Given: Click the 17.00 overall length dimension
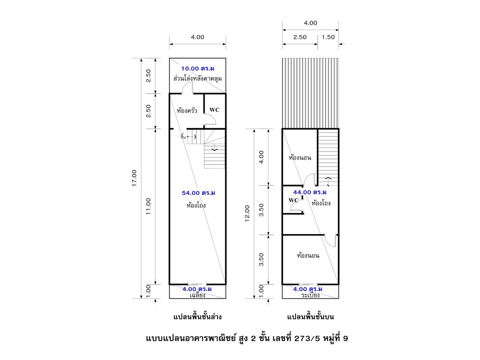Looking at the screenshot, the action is pos(134,178).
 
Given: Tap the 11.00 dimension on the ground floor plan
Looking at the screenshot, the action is pos(148,206).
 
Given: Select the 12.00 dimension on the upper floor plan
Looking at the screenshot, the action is pos(247,213).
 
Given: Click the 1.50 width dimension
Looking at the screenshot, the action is pos(328,37).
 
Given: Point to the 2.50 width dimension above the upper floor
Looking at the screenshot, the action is pos(299,37).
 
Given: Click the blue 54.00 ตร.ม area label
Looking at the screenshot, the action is pos(198,193).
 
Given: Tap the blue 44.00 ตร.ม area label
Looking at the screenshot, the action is pos(310,192).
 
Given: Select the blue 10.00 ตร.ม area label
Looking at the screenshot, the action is pos(198,68).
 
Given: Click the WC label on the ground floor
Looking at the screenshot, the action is pos(214,109).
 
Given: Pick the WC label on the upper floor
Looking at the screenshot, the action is pos(293,200).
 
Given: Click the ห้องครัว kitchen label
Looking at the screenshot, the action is pos(186,110).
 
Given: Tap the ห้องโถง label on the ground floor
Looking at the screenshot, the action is pos(196,205).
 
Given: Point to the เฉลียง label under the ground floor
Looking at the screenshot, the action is pos(197,295).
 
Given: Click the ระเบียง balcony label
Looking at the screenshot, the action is pos(310,295).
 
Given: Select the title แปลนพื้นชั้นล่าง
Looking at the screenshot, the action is pos(197,316).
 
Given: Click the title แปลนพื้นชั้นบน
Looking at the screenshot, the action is pos(310,316).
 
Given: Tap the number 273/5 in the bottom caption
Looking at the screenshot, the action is pos(307,338).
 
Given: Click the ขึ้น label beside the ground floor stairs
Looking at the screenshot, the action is pos(183,136).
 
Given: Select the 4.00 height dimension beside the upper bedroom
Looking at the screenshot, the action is pos(261,157).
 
